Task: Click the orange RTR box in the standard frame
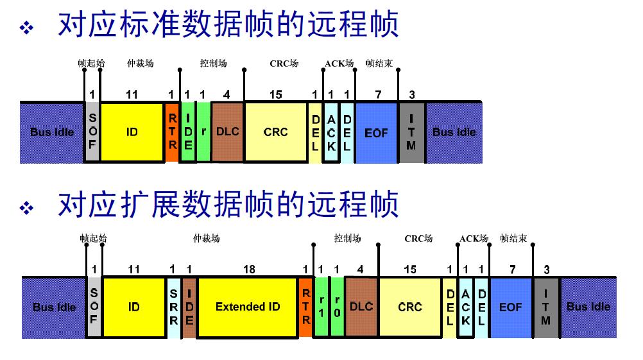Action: coord(172,132)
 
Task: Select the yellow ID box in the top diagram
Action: coord(132,132)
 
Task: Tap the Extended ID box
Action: coord(248,307)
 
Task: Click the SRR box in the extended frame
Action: coord(174,307)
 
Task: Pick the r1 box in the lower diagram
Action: coord(321,307)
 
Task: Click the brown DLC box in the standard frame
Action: coord(228,132)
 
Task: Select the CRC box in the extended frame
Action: coord(409,307)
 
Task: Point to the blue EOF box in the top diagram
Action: coord(376,132)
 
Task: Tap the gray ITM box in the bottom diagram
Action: coord(545,307)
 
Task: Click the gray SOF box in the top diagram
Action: coord(92,132)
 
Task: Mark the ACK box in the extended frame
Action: coord(466,307)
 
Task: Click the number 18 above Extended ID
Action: coord(249,270)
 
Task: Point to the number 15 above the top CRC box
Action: coord(275,95)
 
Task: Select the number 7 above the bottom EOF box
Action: coord(512,270)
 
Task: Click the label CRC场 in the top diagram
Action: coord(284,64)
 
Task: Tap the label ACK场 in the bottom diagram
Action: coord(474,239)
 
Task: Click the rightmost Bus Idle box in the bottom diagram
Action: coord(588,307)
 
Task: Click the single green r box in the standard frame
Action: coord(203,132)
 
